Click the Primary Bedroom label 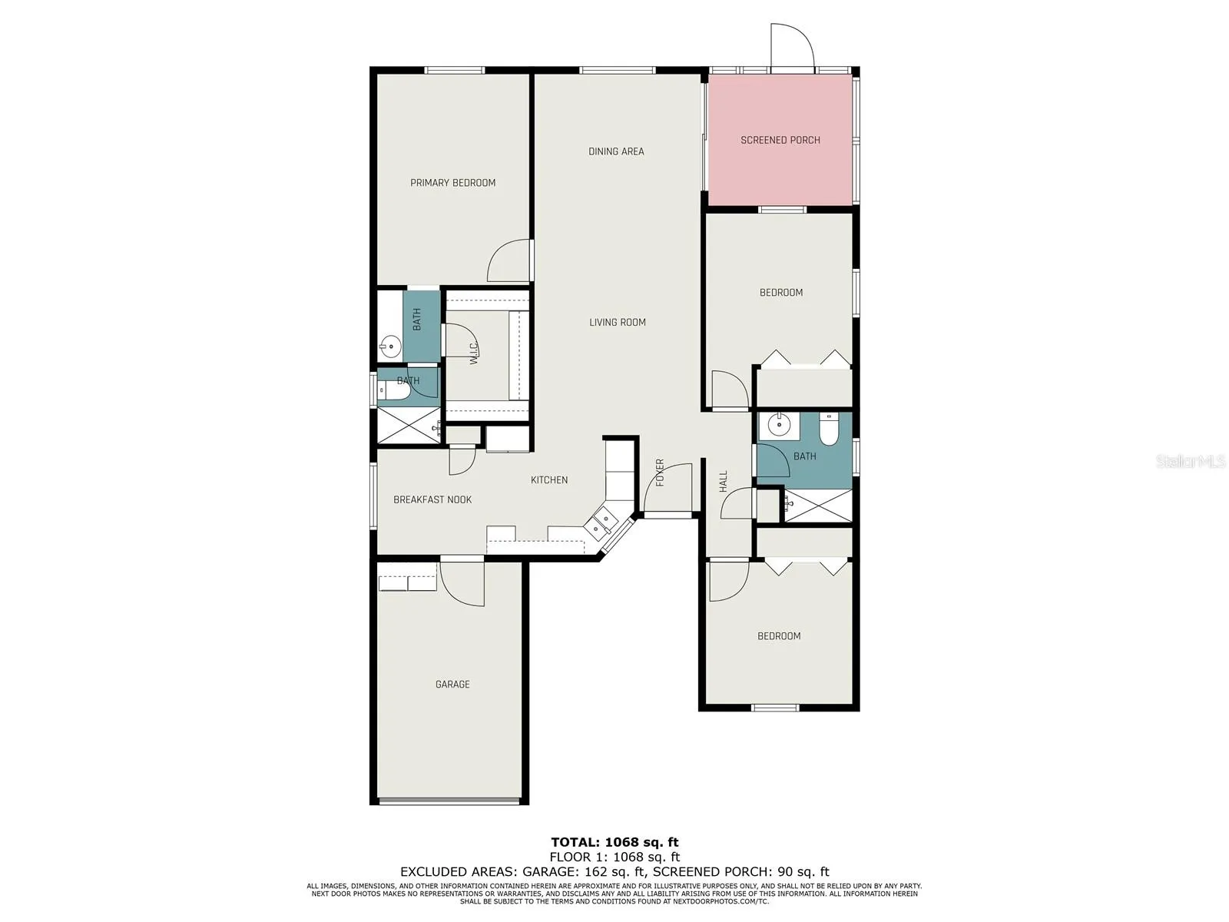[452, 183]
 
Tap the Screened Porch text [780, 140]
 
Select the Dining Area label [616, 151]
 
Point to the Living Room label [617, 322]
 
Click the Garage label [452, 684]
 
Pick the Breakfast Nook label [432, 499]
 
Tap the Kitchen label [549, 479]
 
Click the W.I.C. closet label [474, 353]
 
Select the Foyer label [660, 473]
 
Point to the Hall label [723, 482]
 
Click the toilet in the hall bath [827, 429]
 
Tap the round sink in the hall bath [778, 426]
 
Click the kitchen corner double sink [600, 522]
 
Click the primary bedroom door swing [508, 261]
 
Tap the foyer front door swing [668, 487]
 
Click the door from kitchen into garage [462, 583]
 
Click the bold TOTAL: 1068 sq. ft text [614, 842]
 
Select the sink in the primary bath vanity [390, 347]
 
